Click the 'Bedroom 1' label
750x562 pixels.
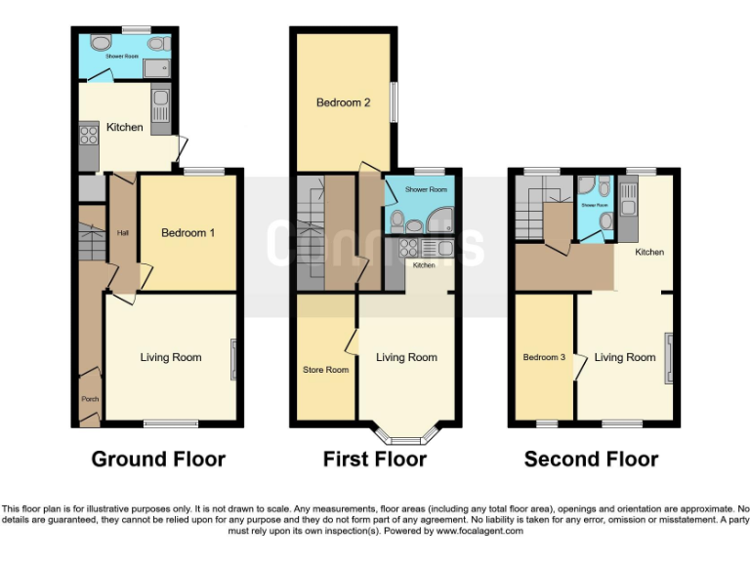point(188,232)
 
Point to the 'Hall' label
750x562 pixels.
point(123,232)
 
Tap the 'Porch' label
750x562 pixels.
point(89,399)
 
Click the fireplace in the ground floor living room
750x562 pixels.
point(232,359)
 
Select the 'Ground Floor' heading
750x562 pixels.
point(158,459)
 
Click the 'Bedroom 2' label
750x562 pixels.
point(343,102)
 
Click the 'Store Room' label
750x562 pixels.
point(325,370)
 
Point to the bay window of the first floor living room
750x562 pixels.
point(406,434)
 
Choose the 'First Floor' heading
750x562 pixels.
point(375,459)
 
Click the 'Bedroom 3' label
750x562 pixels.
point(544,357)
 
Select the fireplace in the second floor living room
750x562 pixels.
point(669,357)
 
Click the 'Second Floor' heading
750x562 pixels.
point(591,459)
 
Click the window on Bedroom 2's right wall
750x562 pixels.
point(394,101)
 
